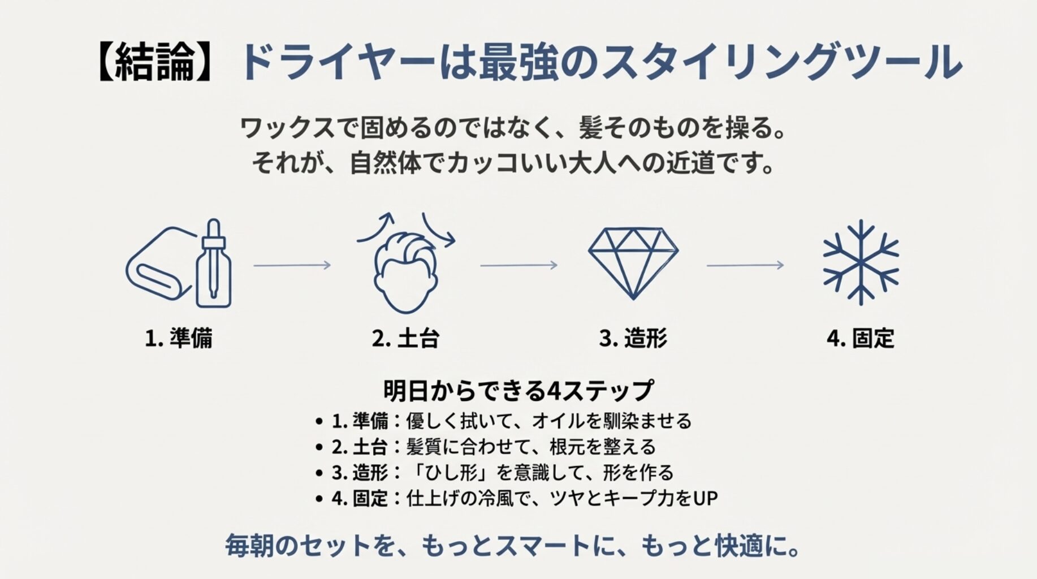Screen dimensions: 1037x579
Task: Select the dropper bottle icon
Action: click(214, 266)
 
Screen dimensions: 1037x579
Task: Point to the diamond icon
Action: click(633, 262)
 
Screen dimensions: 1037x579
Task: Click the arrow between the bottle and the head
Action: click(292, 265)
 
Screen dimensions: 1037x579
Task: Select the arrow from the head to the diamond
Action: click(518, 265)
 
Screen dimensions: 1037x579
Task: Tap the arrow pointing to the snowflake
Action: click(745, 265)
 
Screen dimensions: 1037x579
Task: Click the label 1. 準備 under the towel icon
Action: click(179, 338)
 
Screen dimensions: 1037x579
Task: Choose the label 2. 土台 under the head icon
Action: click(405, 338)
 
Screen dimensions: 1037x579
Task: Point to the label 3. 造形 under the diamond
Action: click(633, 338)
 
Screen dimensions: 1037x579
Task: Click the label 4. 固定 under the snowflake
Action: click(860, 338)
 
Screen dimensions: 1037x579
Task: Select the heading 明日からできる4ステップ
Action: click(518, 390)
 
